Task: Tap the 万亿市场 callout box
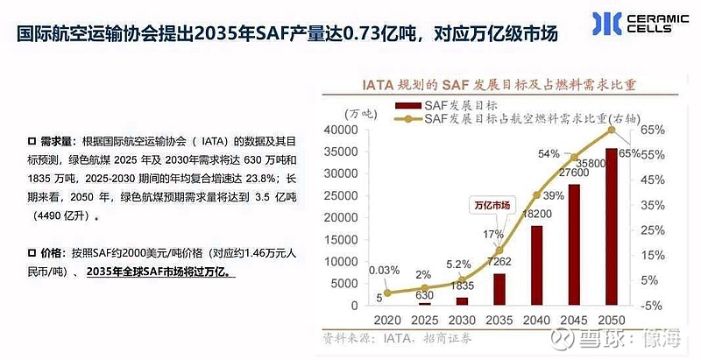point(492,205)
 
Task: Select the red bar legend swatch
point(407,103)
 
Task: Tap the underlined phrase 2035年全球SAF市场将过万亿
point(164,272)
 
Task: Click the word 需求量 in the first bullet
point(60,141)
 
